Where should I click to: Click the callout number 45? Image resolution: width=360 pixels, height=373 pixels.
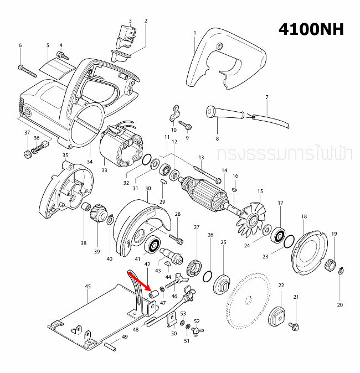(88, 286)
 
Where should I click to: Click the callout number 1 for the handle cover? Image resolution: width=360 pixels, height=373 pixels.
(195, 33)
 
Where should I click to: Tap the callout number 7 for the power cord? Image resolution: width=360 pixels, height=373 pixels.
(266, 97)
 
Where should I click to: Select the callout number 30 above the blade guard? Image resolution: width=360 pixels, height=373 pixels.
(148, 189)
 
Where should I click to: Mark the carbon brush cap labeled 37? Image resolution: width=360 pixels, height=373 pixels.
(27, 153)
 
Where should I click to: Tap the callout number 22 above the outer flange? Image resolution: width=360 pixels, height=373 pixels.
(281, 285)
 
